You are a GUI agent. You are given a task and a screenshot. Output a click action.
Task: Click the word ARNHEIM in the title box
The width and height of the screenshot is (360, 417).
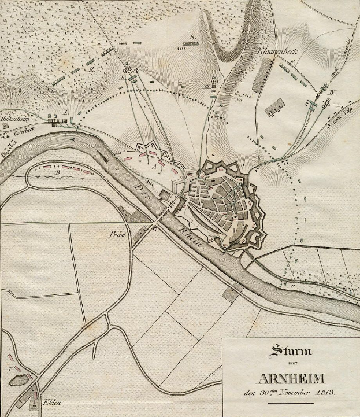[x=287, y=380]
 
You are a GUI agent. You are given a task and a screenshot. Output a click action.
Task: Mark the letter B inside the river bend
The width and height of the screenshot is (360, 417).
[x=57, y=172]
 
